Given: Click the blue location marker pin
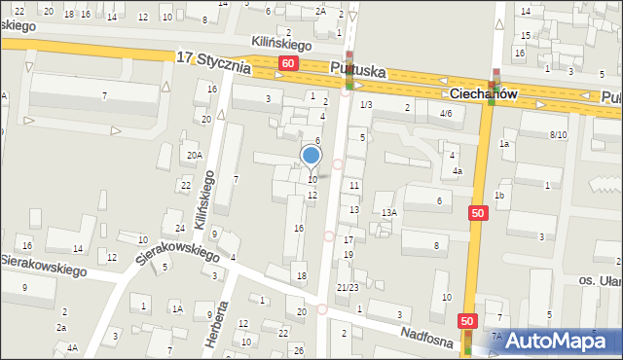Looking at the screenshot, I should tap(311, 156).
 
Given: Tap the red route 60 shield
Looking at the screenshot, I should tap(287, 63).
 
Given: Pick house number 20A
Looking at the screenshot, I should tap(195, 156).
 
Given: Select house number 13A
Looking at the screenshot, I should tap(388, 212).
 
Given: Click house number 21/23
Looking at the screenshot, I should tap(348, 287).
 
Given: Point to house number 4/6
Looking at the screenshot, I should tap(446, 114).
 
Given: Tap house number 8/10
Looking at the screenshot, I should tap(558, 134).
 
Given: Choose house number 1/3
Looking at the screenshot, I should tap(366, 104).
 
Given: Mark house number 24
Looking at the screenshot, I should tap(180, 229).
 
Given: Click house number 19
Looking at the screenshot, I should tap(348, 254).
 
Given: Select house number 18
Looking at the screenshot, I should tap(302, 277).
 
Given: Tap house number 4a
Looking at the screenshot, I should tap(457, 171).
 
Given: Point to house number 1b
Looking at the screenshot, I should tap(499, 196).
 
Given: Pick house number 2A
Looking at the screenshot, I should tap(321, 11).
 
